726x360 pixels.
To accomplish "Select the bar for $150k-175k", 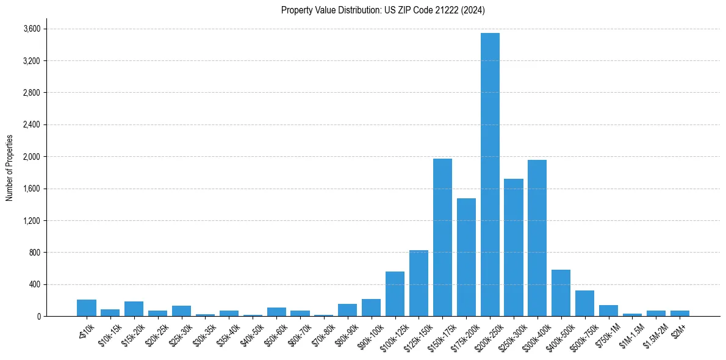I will coord(442,237).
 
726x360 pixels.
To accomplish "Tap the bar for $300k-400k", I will coord(537,238).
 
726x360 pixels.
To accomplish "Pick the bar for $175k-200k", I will coord(466,257).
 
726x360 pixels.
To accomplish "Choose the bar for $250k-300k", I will coord(514,247).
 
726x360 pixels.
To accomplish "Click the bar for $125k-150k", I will coord(419,283).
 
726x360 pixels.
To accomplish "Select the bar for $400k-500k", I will coord(561,293).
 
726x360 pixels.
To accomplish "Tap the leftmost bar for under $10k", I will coord(87,308).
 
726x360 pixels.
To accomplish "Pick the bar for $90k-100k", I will coord(371,308).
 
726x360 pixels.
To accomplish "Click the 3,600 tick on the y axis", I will coord(31,29).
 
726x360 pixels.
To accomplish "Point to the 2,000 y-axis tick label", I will coord(31,157).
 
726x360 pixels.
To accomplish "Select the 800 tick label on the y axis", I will coord(34,253).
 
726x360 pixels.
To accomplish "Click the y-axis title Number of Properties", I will coord(9,168).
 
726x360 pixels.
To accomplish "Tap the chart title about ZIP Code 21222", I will coord(383,10).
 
